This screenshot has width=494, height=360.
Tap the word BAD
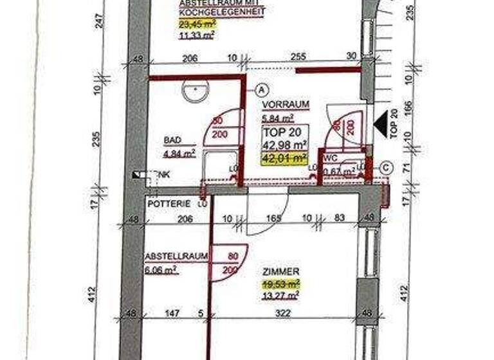coord(172,140)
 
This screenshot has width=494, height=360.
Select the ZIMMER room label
coord(281,272)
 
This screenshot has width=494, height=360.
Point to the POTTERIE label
coord(169,203)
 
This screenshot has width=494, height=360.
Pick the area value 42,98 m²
coord(284,145)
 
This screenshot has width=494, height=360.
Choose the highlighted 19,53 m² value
coord(280,283)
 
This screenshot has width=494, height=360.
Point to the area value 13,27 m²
coord(280,295)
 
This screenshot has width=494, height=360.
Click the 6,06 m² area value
coord(161,271)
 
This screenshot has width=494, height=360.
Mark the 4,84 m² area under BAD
coord(179,153)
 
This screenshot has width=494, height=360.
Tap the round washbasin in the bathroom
coord(194,92)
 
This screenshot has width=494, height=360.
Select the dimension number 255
coord(298,57)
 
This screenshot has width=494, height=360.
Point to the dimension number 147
coord(169,313)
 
